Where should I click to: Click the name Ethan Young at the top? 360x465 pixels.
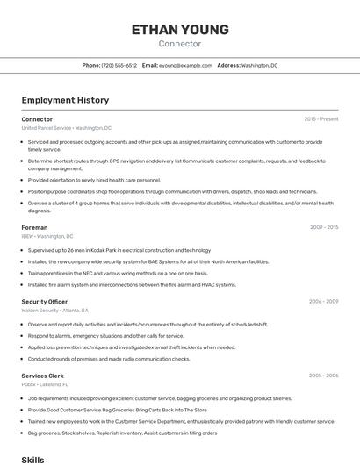click(180, 30)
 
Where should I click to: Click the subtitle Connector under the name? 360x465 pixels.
click(180, 44)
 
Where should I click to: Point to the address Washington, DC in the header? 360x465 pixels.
click(259, 66)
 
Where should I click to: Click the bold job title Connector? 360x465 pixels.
click(37, 119)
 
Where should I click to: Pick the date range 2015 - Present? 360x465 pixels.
click(321, 119)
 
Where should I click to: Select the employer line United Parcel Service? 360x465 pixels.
click(66, 128)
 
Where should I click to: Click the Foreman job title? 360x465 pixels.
click(34, 227)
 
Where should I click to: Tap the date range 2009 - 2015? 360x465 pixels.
click(324, 227)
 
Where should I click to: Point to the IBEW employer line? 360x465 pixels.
click(47, 236)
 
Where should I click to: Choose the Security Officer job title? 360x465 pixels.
click(45, 301)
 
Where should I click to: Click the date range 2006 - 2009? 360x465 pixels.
click(323, 301)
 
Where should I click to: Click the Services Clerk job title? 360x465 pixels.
click(43, 375)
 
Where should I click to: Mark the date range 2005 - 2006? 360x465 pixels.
click(323, 375)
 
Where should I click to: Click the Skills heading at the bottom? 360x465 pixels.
click(32, 459)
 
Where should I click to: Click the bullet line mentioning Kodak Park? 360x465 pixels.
click(119, 250)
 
